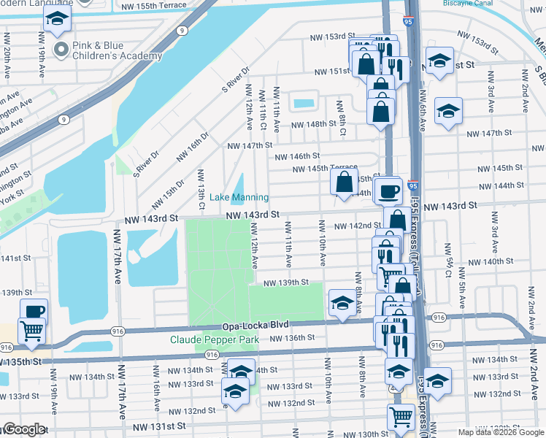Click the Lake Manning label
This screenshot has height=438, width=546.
pyautogui.click(x=239, y=198)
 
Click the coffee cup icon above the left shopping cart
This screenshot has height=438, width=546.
pyautogui.click(x=34, y=310)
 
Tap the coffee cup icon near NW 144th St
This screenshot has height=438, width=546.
pyautogui.click(x=389, y=191)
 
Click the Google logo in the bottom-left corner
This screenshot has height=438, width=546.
pyautogui.click(x=23, y=429)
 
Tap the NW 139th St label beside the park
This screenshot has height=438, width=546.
pyautogui.click(x=285, y=283)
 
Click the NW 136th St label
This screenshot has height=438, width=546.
pyautogui.click(x=292, y=338)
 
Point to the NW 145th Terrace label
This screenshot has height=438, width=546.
pyautogui.click(x=325, y=169)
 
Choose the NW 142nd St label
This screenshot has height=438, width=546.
pyautogui.click(x=358, y=226)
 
